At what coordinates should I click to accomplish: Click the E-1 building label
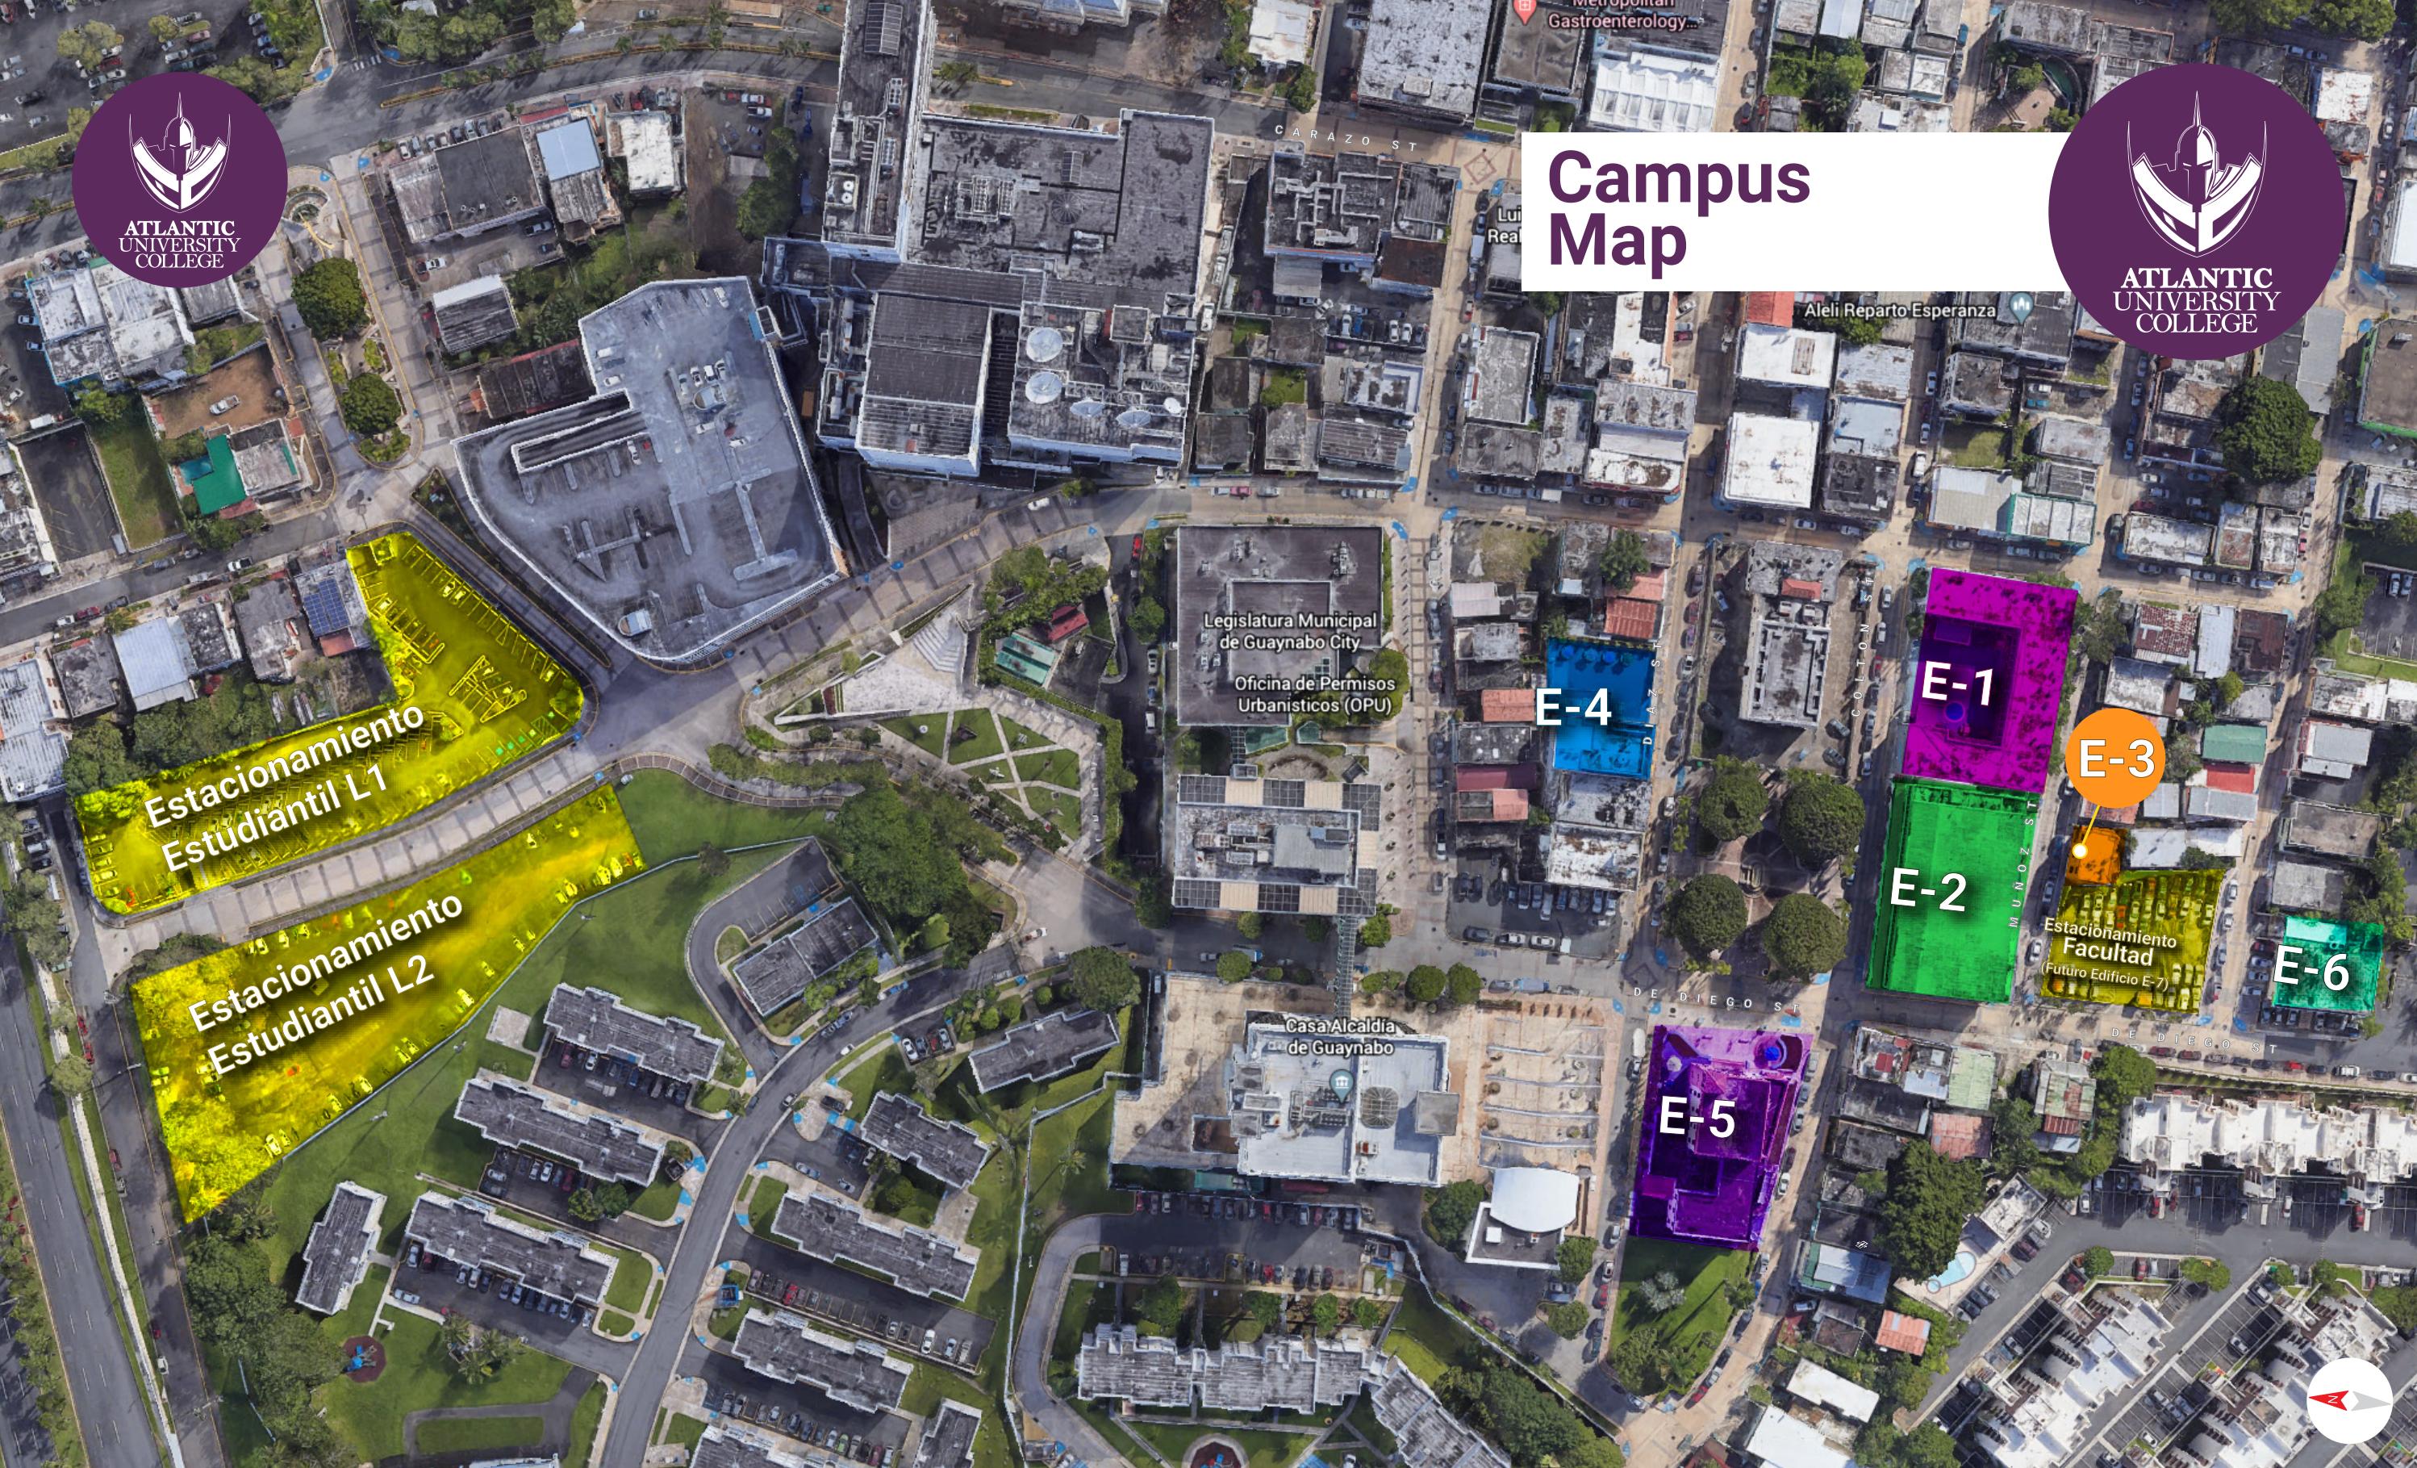point(1957,684)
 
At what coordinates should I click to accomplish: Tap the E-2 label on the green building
point(1927,890)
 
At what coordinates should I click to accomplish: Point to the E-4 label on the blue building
point(1572,706)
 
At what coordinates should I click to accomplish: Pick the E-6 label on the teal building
point(2311,968)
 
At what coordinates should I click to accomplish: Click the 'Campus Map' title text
point(1677,208)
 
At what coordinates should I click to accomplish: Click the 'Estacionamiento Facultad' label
point(2109,942)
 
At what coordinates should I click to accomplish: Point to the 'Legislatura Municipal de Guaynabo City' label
point(1290,631)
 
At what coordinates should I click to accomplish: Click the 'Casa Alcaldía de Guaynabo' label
point(1339,1036)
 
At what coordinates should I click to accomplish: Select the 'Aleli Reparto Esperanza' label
point(1900,310)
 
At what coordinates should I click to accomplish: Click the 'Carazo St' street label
point(1346,137)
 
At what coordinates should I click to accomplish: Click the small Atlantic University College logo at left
point(180,178)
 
